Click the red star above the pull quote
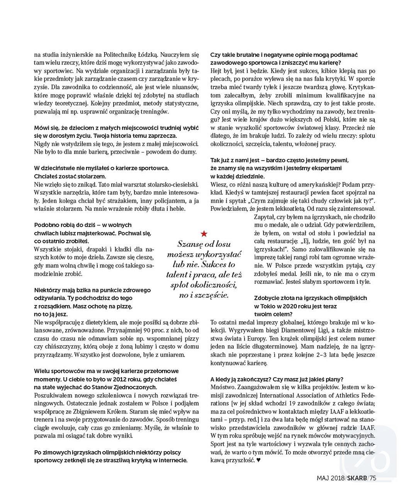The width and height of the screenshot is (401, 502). tap(204, 233)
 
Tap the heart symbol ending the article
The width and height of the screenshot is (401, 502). tap(258, 460)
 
